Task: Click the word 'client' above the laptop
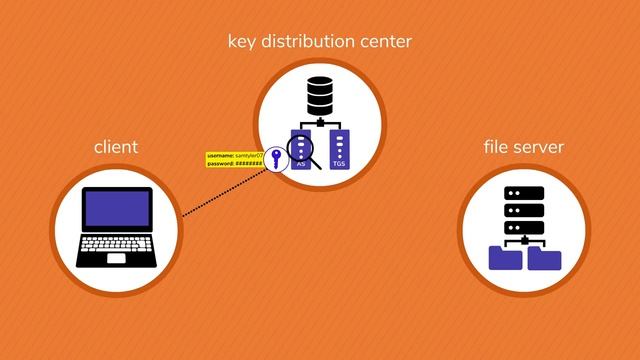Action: coord(115,148)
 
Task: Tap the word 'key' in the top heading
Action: coord(244,42)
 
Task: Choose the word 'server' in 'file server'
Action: coord(539,148)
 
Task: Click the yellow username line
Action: coord(233,156)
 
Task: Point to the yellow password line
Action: coord(235,163)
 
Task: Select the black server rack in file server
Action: coord(524,210)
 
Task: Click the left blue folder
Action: coord(505,258)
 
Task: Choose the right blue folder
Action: coord(544,258)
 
